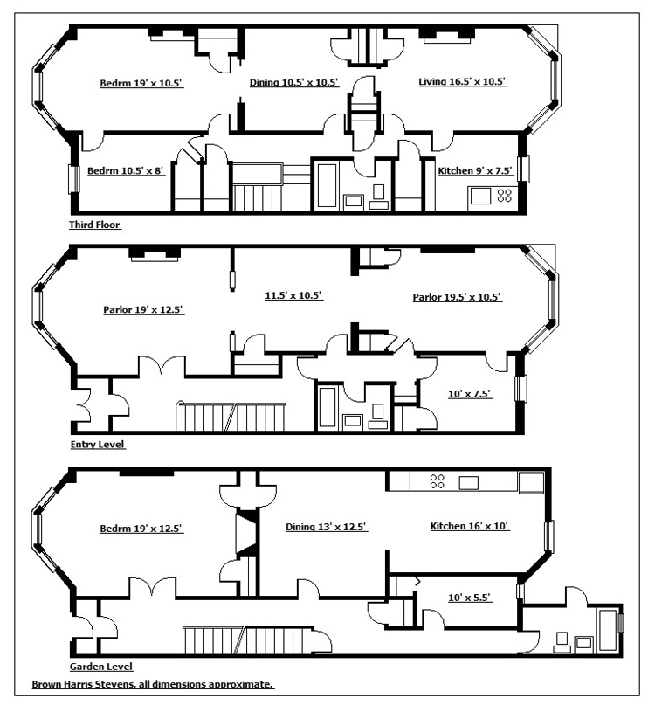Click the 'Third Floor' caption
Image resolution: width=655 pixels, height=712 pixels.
pos(94,225)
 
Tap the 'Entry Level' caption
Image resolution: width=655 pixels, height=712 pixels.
pos(97,444)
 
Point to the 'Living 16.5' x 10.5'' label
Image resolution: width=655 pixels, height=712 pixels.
pos(462,82)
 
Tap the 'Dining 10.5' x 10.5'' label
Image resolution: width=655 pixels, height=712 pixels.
pos(293,83)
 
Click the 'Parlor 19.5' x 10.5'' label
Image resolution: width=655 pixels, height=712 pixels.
pos(457,297)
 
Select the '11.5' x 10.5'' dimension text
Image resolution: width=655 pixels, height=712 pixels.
pos(294,295)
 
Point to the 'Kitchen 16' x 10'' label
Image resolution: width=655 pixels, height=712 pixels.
pos(470,527)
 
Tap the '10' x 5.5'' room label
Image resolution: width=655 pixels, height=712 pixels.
pos(470,598)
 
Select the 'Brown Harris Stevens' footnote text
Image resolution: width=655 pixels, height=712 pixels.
pos(153,684)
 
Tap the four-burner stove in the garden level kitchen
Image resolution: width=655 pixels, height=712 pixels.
pos(438,480)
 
